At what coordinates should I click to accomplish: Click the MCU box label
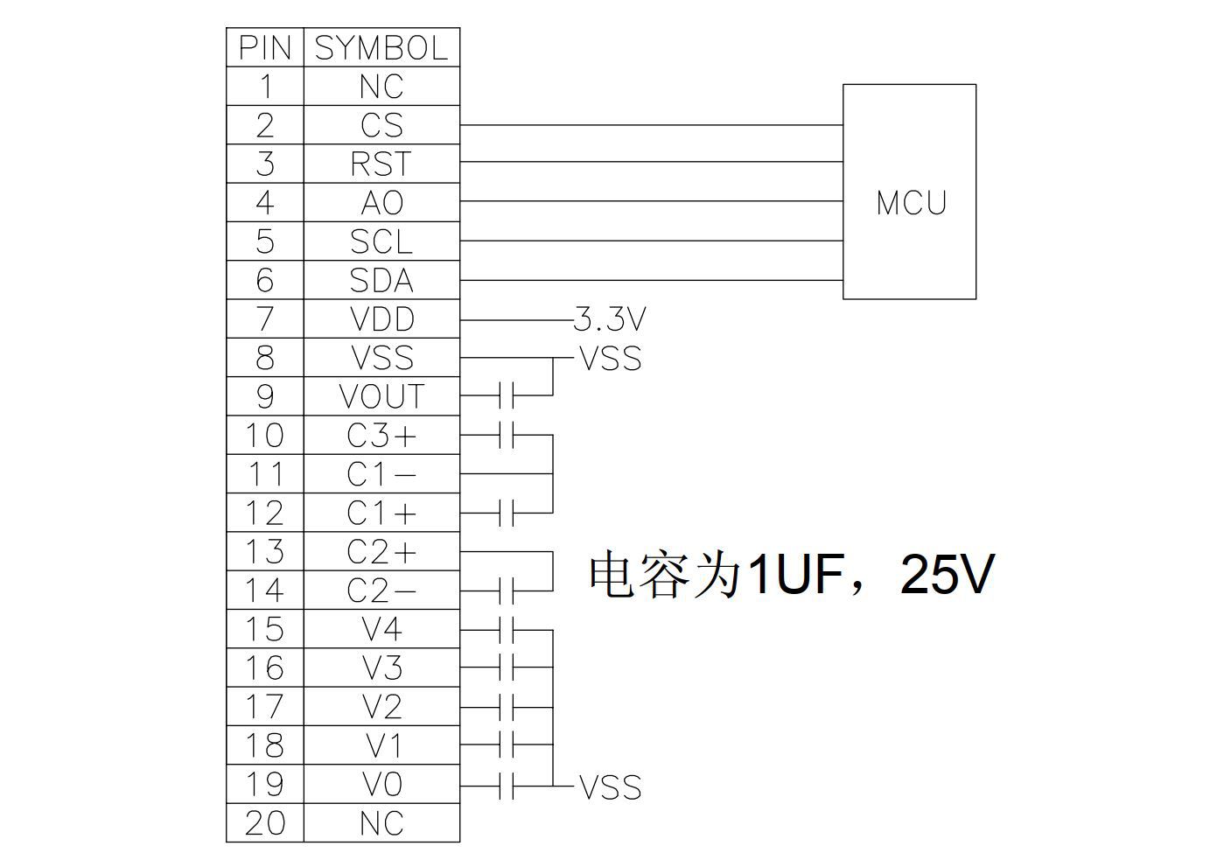coord(911,203)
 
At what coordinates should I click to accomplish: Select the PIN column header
coord(264,48)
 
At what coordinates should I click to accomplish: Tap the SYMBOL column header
coord(381,48)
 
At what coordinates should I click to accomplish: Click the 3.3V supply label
coord(610,320)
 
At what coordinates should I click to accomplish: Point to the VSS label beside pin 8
coord(611,359)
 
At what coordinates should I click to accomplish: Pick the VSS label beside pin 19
coord(611,787)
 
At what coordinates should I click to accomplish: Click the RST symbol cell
coord(381,164)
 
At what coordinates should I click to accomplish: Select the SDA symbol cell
coord(381,281)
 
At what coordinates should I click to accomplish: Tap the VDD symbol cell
coord(381,319)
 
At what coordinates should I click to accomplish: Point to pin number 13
coord(264,552)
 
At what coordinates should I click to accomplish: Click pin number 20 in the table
coord(264,823)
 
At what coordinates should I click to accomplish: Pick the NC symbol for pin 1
coord(381,87)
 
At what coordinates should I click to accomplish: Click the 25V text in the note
coord(947,575)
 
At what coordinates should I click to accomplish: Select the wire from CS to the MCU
coord(651,125)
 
